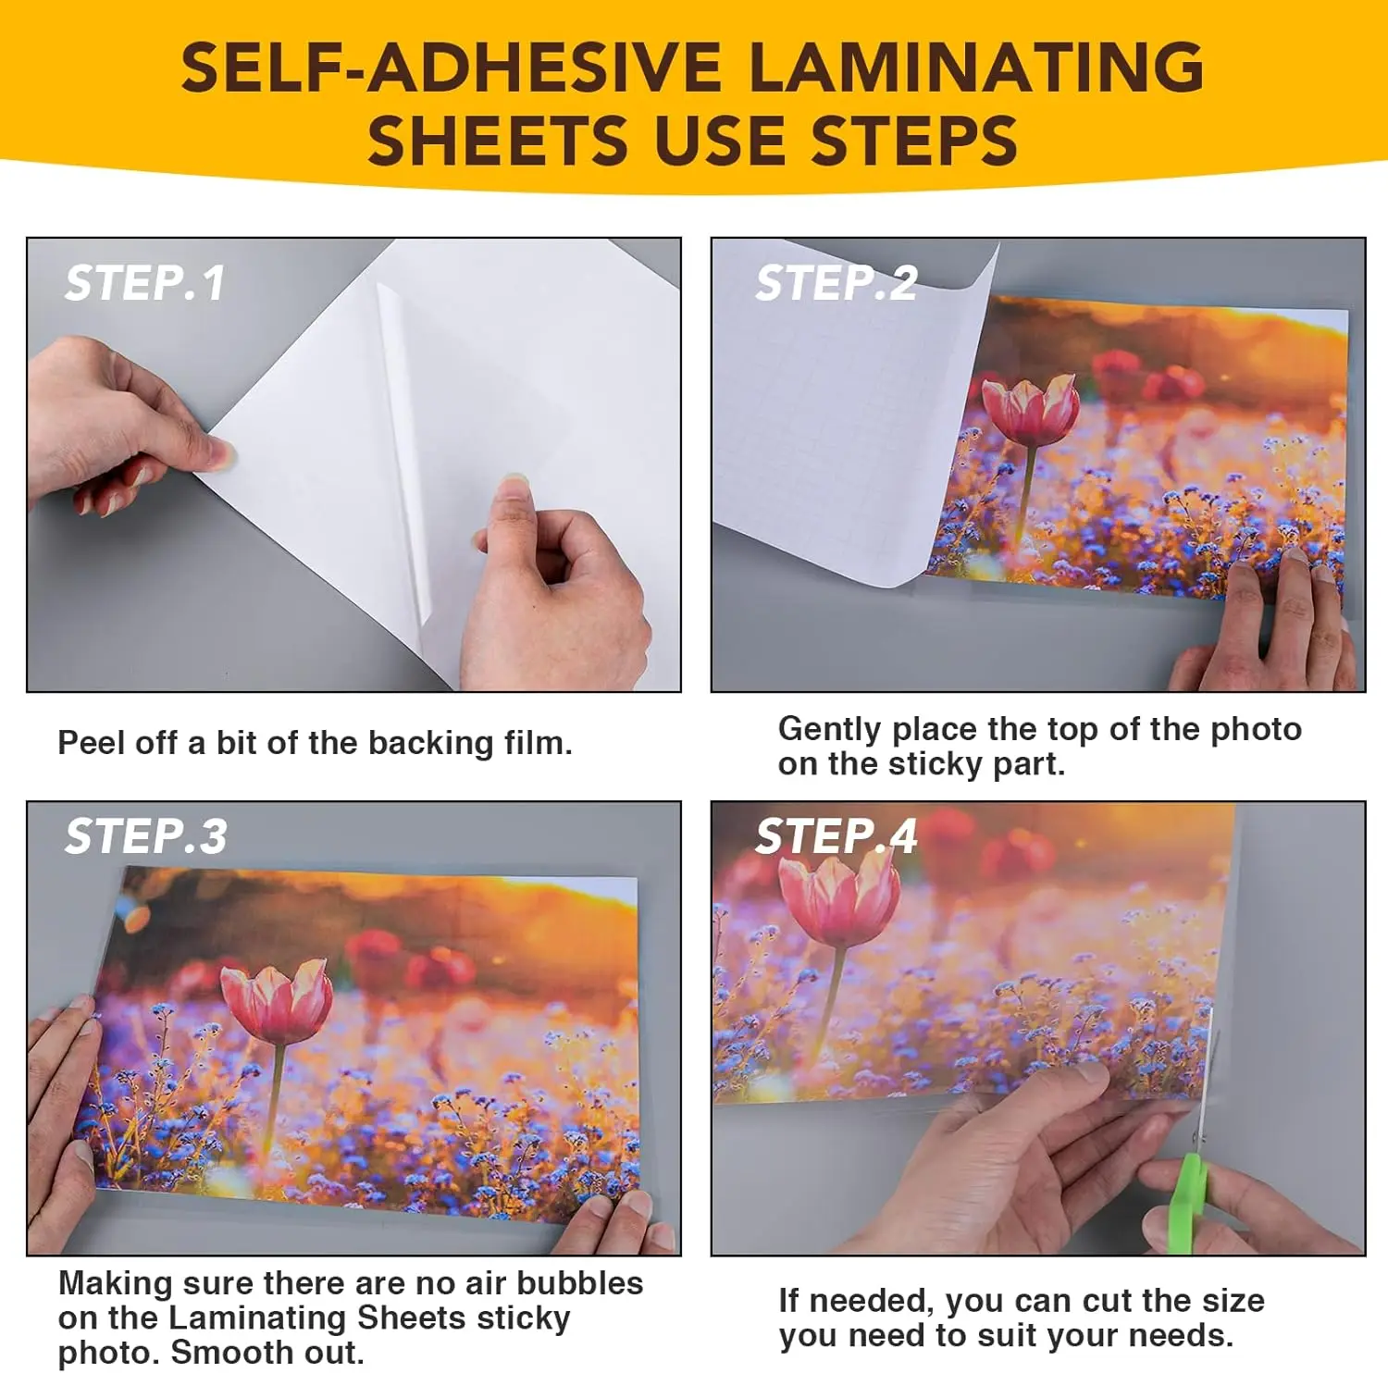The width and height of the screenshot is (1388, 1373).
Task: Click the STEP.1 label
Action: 144,283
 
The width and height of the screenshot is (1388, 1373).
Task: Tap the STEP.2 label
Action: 836,283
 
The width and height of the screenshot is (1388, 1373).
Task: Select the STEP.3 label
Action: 145,836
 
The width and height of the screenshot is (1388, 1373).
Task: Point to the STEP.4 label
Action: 836,836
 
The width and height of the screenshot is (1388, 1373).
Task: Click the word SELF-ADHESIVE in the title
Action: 451,68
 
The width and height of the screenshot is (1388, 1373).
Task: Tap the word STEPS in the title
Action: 913,142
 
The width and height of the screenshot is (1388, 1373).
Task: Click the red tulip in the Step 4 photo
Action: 838,897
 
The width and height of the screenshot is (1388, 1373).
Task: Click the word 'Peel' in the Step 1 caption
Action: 90,743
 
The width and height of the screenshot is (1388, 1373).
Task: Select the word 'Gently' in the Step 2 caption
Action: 829,730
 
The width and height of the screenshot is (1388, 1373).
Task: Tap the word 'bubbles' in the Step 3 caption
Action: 579,1283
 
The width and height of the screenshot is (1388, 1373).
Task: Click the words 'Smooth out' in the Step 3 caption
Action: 267,1352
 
